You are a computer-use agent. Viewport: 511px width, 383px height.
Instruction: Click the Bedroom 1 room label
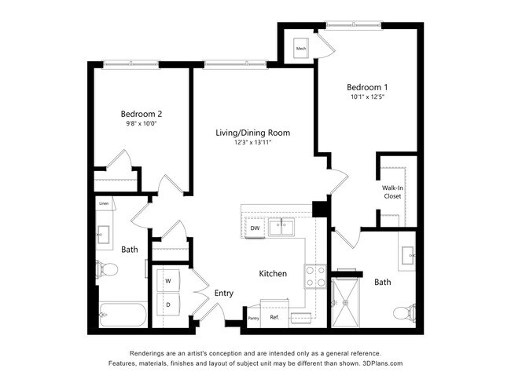click(x=367, y=86)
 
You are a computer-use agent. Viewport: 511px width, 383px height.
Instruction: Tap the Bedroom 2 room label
click(x=141, y=113)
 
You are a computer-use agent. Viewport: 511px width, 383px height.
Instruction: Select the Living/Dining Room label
click(x=252, y=133)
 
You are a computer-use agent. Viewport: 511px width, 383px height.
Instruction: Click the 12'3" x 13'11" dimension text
click(x=252, y=144)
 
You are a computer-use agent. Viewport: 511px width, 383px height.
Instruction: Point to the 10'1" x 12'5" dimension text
click(x=367, y=97)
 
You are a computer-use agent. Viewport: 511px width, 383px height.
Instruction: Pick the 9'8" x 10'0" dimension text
click(x=141, y=124)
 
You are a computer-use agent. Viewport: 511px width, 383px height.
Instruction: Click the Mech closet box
click(x=300, y=49)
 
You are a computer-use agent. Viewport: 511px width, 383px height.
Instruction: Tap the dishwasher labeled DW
click(x=255, y=228)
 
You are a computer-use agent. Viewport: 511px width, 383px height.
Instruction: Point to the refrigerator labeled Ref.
click(x=274, y=317)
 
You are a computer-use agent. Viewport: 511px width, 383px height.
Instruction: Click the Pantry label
click(x=253, y=318)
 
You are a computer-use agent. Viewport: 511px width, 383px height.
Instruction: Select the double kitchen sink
click(x=281, y=228)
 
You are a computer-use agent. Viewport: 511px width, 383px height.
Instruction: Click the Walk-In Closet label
click(x=392, y=191)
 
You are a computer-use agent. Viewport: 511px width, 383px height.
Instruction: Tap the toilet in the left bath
click(x=107, y=270)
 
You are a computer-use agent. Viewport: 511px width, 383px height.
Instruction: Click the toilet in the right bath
click(x=403, y=314)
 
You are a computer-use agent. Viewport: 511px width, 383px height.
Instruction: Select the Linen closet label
click(x=104, y=204)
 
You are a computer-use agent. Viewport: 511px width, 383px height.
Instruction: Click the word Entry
click(x=224, y=293)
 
